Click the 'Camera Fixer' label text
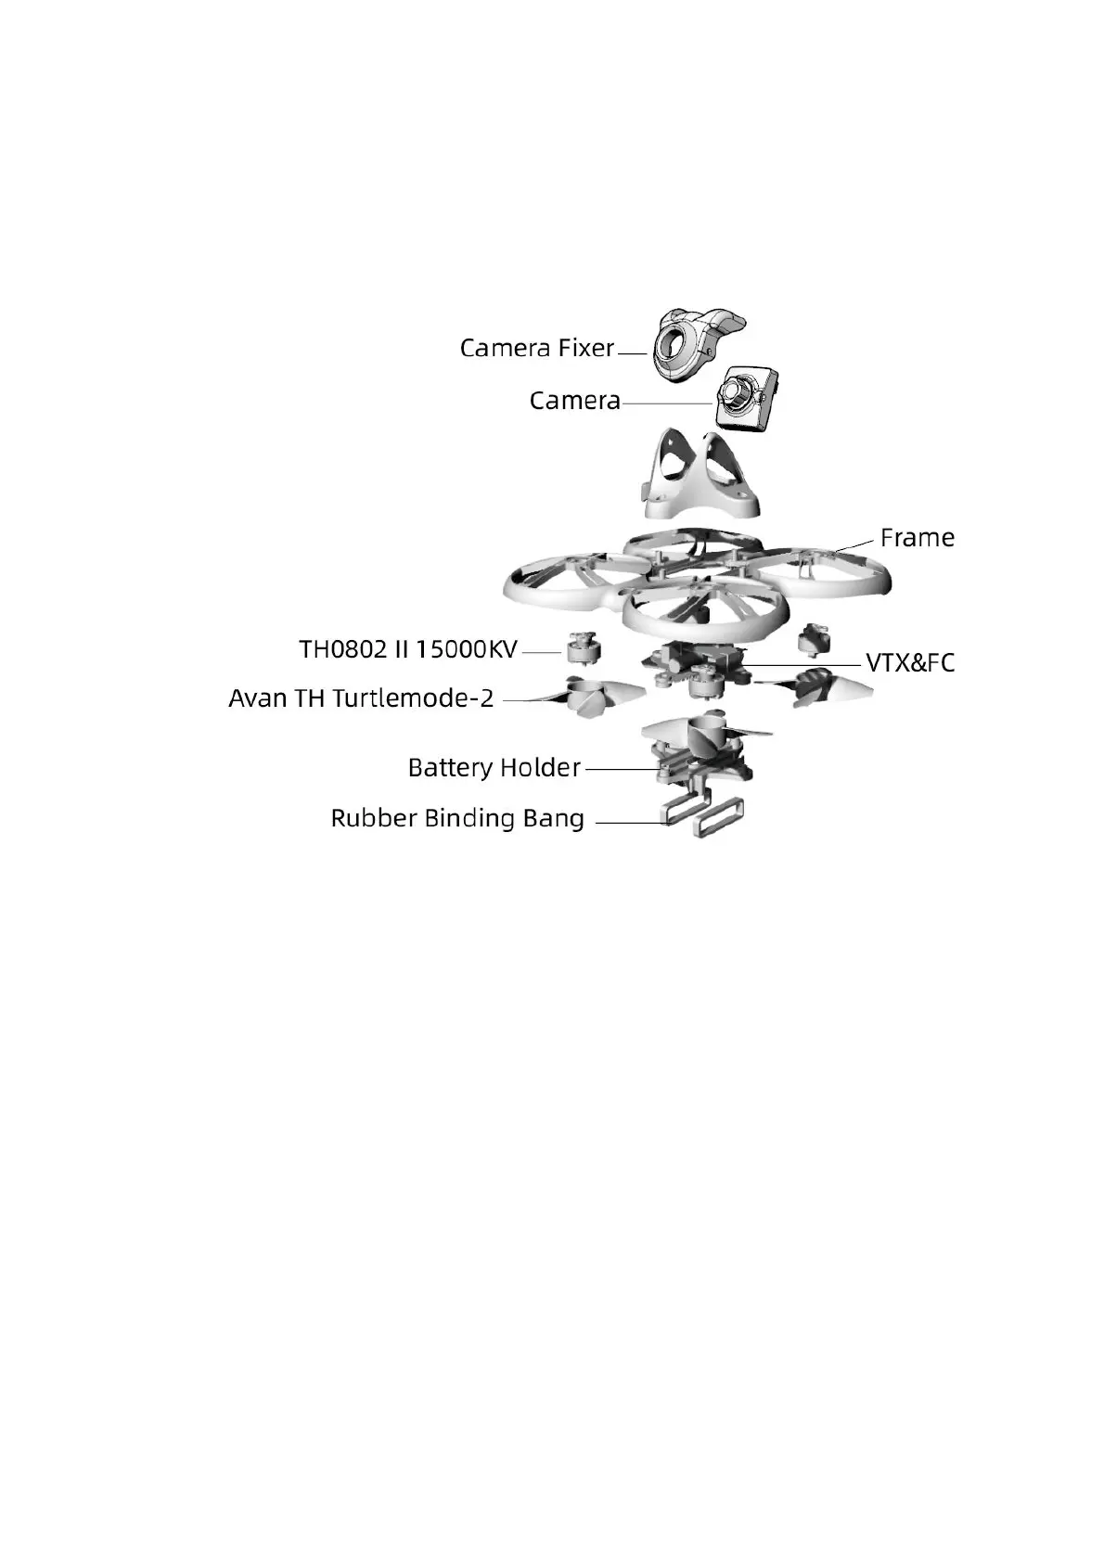pos(537,348)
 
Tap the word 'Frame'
pos(917,538)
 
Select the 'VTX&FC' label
pos(909,663)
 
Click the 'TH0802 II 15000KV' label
pos(407,649)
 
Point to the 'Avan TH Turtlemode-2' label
pos(361,698)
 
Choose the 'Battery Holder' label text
pos(494,768)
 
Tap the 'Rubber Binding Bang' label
pos(457,819)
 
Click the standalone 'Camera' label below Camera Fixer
pos(574,401)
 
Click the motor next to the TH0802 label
pos(584,647)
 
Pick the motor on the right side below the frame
pos(814,640)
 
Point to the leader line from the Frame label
pos(855,544)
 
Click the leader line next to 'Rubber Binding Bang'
pos(631,822)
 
